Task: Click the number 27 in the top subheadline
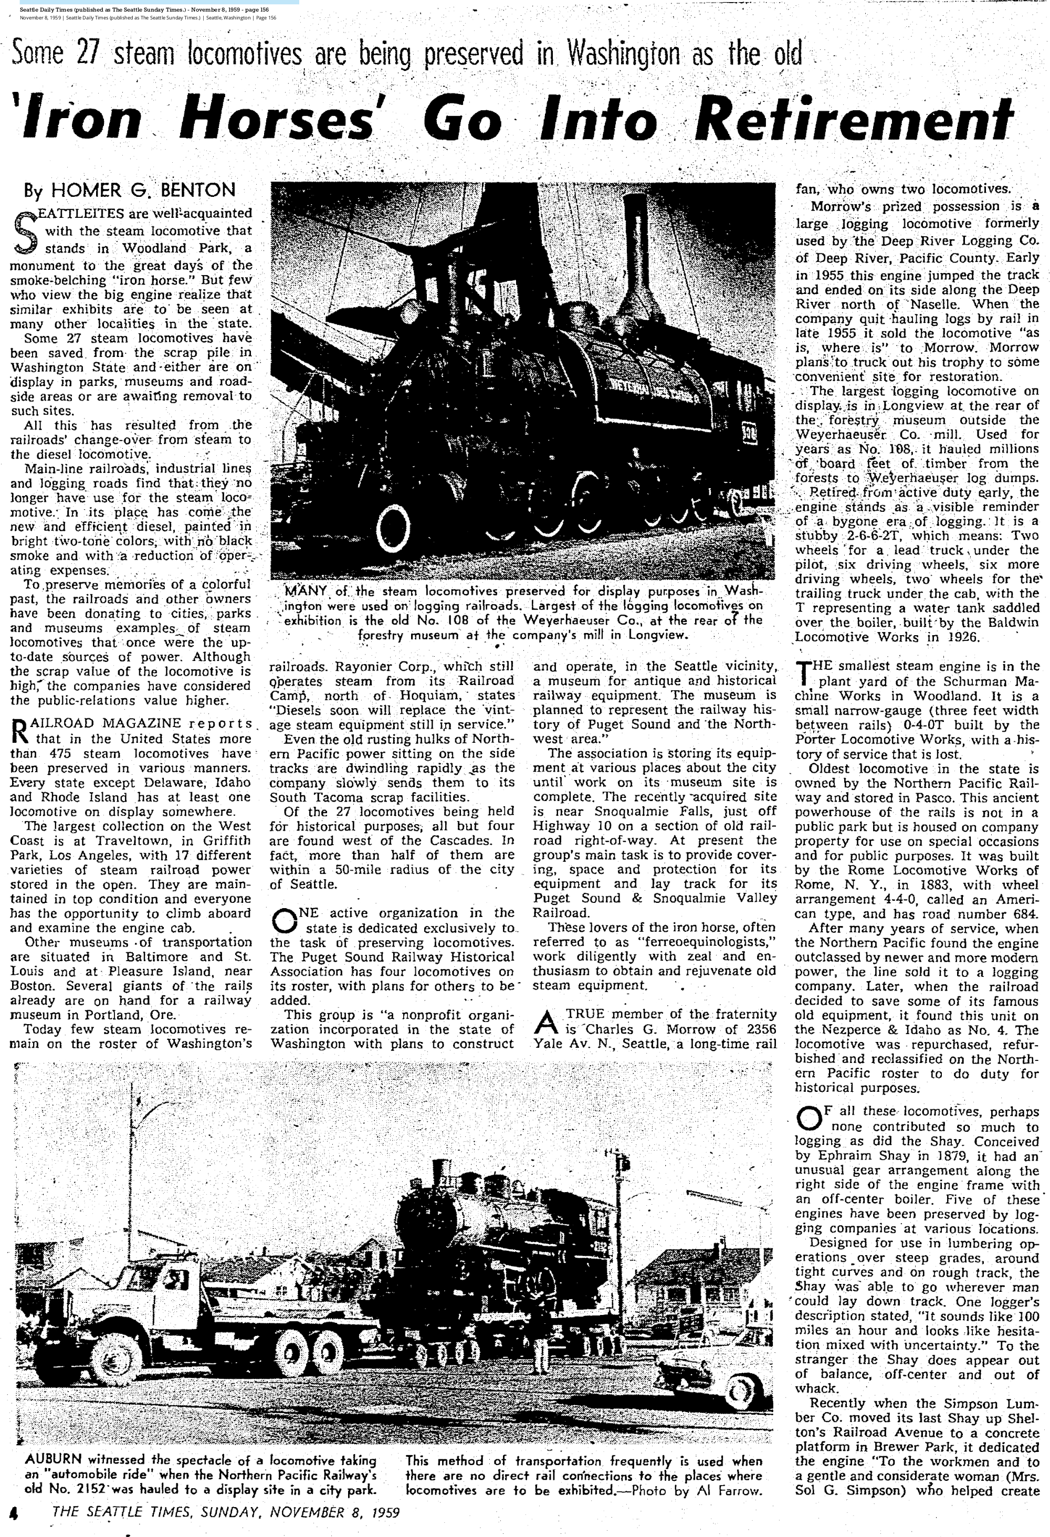tap(87, 54)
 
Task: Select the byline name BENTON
tap(198, 191)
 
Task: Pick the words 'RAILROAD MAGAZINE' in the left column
tap(97, 723)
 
